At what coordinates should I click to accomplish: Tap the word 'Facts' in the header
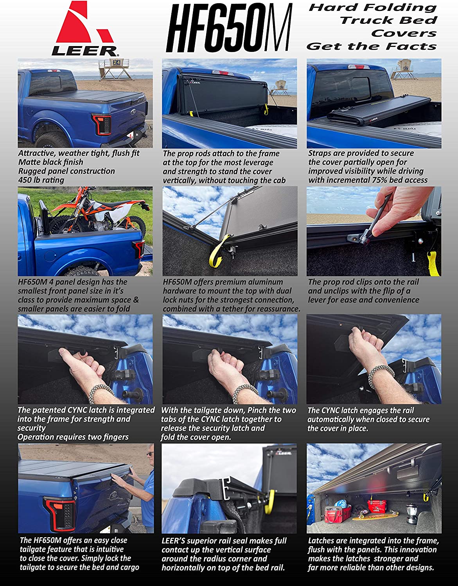411,46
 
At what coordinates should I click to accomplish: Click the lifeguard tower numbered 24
116,69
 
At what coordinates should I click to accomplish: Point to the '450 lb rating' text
41,180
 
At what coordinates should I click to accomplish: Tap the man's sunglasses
151,454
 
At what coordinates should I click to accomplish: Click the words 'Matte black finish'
51,162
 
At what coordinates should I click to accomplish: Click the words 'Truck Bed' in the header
389,20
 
